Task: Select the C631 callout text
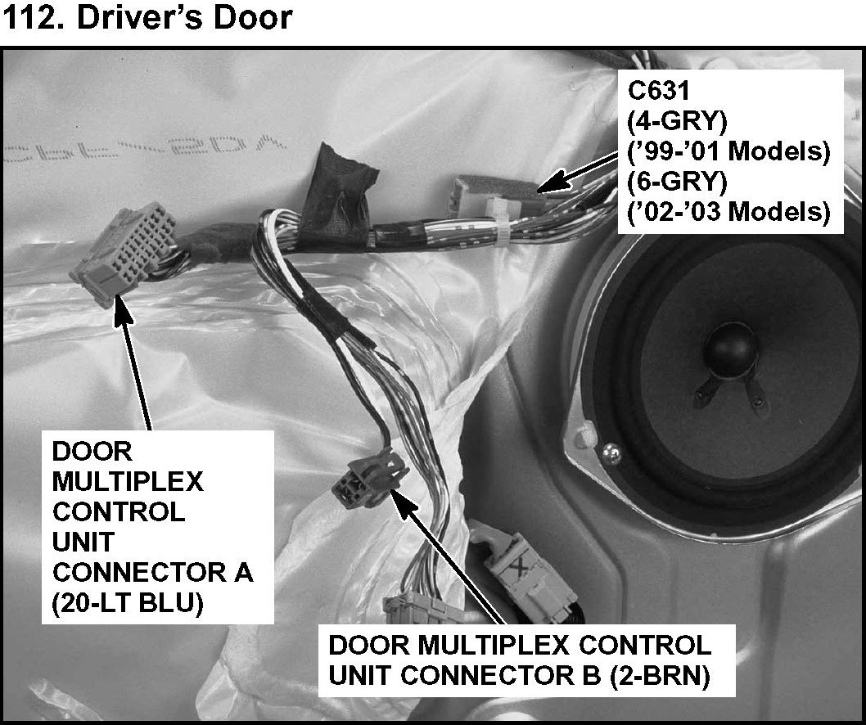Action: (x=655, y=88)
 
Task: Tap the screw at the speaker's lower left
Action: (x=611, y=448)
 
